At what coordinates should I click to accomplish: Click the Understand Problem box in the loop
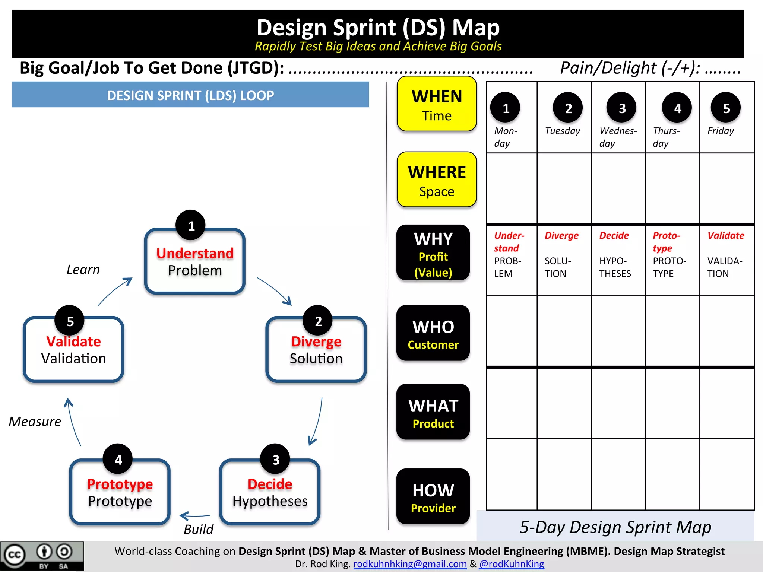point(194,262)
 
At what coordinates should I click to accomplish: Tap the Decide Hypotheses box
point(270,492)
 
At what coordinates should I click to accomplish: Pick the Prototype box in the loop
point(120,492)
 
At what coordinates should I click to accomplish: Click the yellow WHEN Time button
point(437,104)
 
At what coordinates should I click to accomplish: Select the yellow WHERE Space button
point(437,180)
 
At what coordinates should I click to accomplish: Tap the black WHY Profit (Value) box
point(433,253)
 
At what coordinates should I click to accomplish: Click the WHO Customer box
point(433,333)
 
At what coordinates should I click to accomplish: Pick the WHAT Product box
point(433,412)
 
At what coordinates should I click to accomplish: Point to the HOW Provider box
point(433,497)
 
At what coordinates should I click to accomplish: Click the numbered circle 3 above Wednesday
point(621,108)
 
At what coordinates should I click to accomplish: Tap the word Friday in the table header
point(721,131)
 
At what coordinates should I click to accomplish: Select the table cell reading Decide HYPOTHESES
point(618,260)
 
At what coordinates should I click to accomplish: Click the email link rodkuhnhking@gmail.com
point(410,564)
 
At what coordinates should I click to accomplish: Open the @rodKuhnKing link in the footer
point(512,564)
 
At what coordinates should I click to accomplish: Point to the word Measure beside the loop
point(35,422)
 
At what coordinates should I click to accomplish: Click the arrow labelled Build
point(195,516)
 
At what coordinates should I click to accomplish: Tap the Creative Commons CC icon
point(15,555)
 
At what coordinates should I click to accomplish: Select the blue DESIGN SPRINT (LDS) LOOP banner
point(190,95)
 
